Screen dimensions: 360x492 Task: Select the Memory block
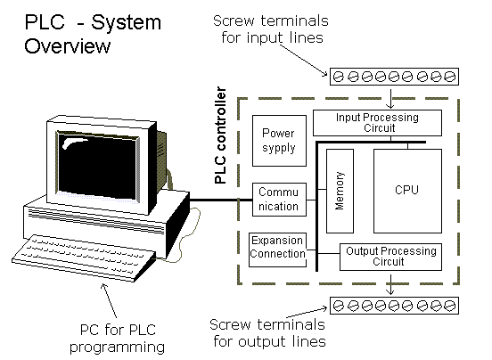[340, 191]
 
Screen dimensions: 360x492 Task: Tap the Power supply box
[278, 141]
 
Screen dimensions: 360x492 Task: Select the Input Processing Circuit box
[377, 123]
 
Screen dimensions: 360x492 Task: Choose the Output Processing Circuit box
[389, 256]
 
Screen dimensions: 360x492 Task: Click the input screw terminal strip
[393, 76]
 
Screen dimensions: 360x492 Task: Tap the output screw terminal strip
[393, 306]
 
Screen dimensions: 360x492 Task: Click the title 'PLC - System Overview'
[79, 34]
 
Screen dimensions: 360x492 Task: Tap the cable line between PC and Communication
[218, 200]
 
